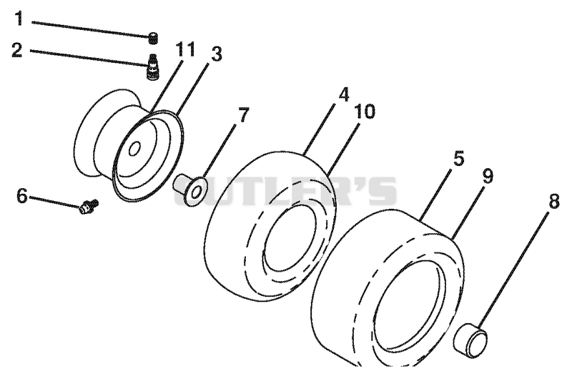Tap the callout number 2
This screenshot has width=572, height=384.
(x=16, y=50)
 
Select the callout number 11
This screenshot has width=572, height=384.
(x=185, y=49)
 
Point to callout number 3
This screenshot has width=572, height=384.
(x=216, y=54)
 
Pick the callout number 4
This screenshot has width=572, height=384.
(x=343, y=94)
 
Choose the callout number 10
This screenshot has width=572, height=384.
(x=365, y=112)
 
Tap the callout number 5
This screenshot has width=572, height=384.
(x=458, y=159)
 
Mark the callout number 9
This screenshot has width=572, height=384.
(x=488, y=176)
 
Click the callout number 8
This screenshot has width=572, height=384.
(x=553, y=201)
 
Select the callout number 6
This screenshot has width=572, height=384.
(x=22, y=196)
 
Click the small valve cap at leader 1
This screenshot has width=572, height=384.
(x=154, y=39)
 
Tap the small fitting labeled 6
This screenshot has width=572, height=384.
(x=89, y=207)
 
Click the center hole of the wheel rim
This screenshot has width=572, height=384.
(x=134, y=149)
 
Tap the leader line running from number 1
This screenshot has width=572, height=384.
(x=91, y=29)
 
